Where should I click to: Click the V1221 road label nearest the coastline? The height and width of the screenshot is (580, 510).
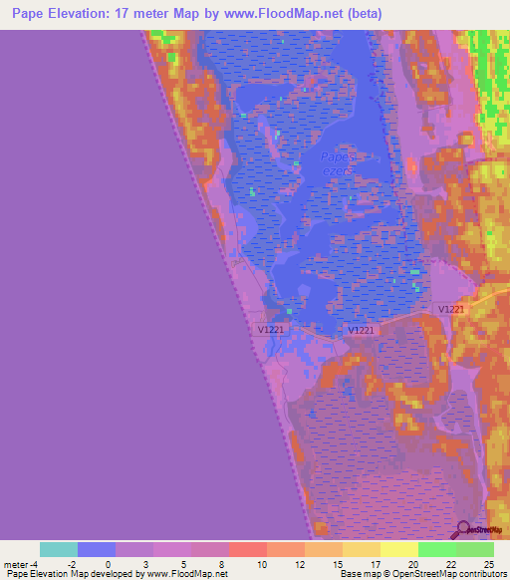tap(272, 328)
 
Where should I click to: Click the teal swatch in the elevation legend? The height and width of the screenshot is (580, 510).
tap(58, 549)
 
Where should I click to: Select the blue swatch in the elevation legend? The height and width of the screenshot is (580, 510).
tap(96, 549)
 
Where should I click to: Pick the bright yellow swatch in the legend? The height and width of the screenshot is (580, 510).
tap(398, 549)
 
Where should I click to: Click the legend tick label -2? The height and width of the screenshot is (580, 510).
tap(72, 563)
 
